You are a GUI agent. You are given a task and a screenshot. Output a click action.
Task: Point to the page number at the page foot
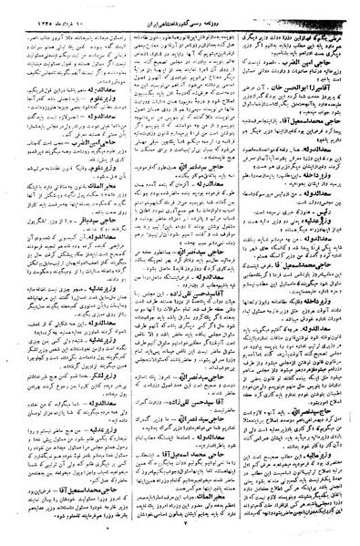[x=181, y=537]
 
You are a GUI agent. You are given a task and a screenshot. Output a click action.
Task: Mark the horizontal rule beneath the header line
[x=180, y=17]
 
